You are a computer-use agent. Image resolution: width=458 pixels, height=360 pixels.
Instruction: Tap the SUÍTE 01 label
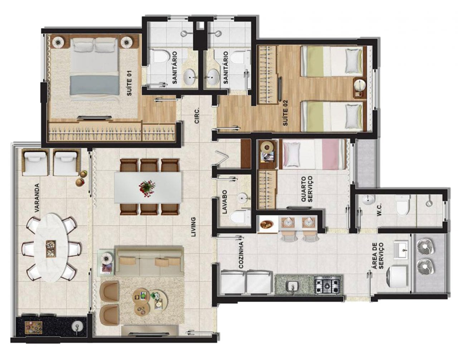coord(130,83)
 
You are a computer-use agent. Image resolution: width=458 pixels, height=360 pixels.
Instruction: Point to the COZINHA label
coord(241,255)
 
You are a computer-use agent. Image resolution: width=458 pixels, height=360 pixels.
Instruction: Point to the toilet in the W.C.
coord(403,205)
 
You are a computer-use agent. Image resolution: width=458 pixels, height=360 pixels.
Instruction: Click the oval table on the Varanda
coord(51,248)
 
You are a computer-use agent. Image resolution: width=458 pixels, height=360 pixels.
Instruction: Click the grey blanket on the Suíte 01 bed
coord(94,85)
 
